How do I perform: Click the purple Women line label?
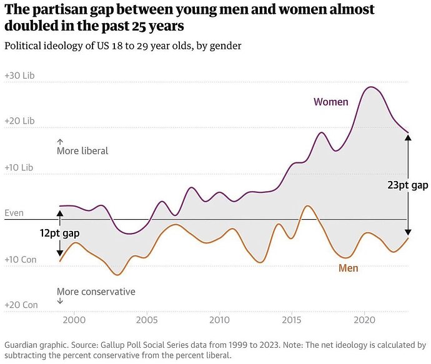pyautogui.click(x=330, y=102)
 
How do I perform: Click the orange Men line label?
pyautogui.click(x=349, y=268)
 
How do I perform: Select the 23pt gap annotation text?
pyautogui.click(x=407, y=185)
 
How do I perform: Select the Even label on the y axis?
pyautogui.click(x=14, y=213)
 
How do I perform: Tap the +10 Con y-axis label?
pyautogui.click(x=20, y=259)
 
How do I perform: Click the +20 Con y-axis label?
pyautogui.click(x=20, y=305)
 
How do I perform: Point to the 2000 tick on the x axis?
pyautogui.click(x=74, y=320)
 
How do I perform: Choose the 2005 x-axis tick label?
pyautogui.click(x=147, y=320)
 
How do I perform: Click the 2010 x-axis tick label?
pyautogui.click(x=219, y=320)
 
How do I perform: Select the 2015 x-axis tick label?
pyautogui.click(x=292, y=320)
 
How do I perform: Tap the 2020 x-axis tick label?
pyautogui.click(x=364, y=320)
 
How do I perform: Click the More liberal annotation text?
pyautogui.click(x=82, y=151)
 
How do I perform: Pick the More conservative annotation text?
pyautogui.click(x=96, y=292)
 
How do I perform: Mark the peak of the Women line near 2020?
pyautogui.click(x=372, y=87)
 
